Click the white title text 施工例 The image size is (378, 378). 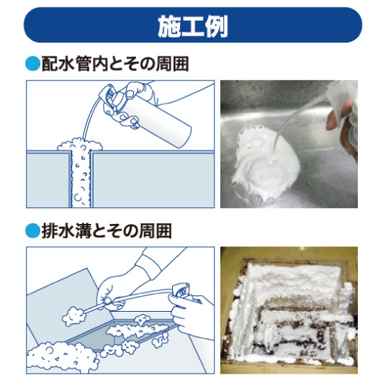[193, 26]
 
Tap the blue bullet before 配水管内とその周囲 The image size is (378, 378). [32, 63]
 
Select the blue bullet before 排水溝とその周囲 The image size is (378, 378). [32, 230]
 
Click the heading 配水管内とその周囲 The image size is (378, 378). [115, 64]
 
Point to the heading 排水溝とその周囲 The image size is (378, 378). [107, 230]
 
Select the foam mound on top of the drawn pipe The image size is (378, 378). [80, 144]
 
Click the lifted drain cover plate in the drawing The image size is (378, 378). [68, 309]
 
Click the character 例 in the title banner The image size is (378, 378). [216, 27]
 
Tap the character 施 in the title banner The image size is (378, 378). [169, 27]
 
